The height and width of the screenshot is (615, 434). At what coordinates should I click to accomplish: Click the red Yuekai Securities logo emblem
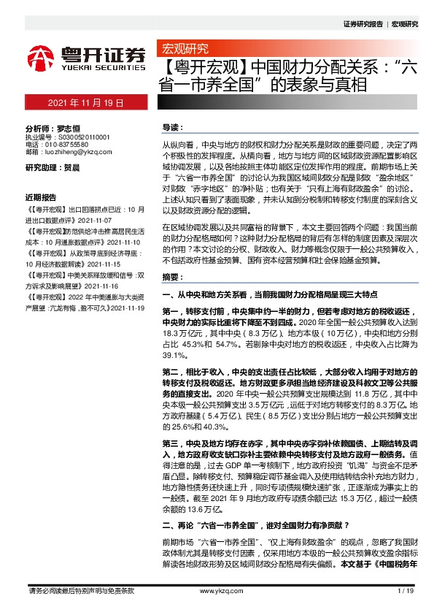(42, 56)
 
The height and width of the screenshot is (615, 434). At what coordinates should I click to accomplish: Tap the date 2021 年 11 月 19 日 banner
(86, 104)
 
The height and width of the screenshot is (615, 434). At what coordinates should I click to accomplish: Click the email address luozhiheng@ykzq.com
(77, 153)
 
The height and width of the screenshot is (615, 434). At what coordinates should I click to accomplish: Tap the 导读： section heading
(173, 127)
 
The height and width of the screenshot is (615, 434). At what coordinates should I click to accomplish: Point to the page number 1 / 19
(407, 591)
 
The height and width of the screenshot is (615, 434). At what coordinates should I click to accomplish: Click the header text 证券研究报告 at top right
(363, 24)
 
